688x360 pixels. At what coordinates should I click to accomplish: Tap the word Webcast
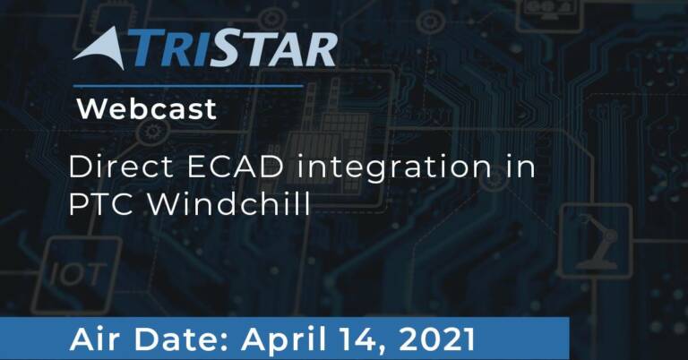[x=147, y=108]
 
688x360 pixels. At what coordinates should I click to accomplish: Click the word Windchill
[x=228, y=203]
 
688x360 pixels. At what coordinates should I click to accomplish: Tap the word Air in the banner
[x=97, y=339]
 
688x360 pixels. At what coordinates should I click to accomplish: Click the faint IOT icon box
[x=77, y=275]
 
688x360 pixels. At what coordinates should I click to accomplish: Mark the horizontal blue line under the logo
[x=188, y=86]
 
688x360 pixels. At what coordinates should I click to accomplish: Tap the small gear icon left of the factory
[x=152, y=131]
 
